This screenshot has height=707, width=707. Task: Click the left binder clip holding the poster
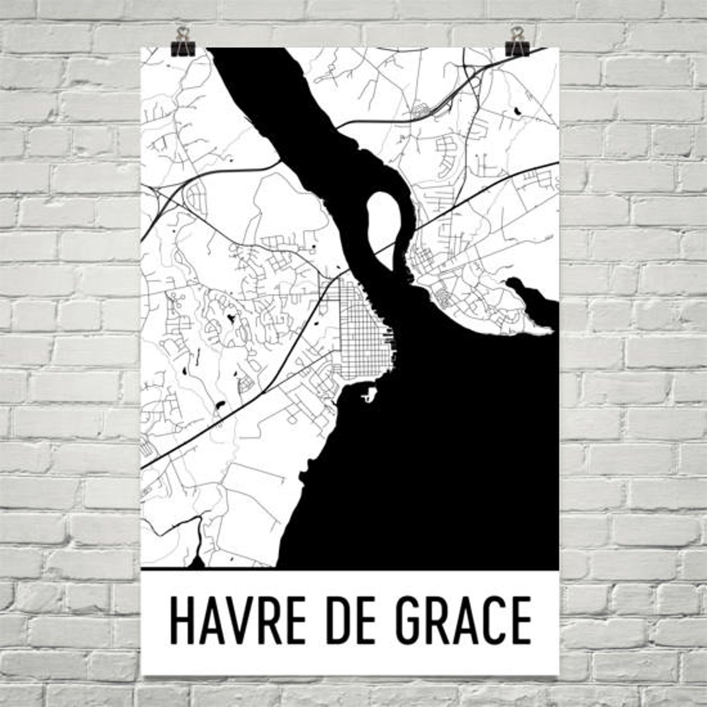pyautogui.click(x=182, y=42)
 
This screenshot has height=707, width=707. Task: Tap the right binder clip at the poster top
pyautogui.click(x=517, y=42)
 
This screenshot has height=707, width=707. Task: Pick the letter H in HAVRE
pyautogui.click(x=183, y=621)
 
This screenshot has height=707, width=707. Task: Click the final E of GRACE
pyautogui.click(x=521, y=621)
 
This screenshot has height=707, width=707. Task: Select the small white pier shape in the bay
pyautogui.click(x=369, y=394)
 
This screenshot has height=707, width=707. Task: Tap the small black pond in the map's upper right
pyautogui.click(x=517, y=109)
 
